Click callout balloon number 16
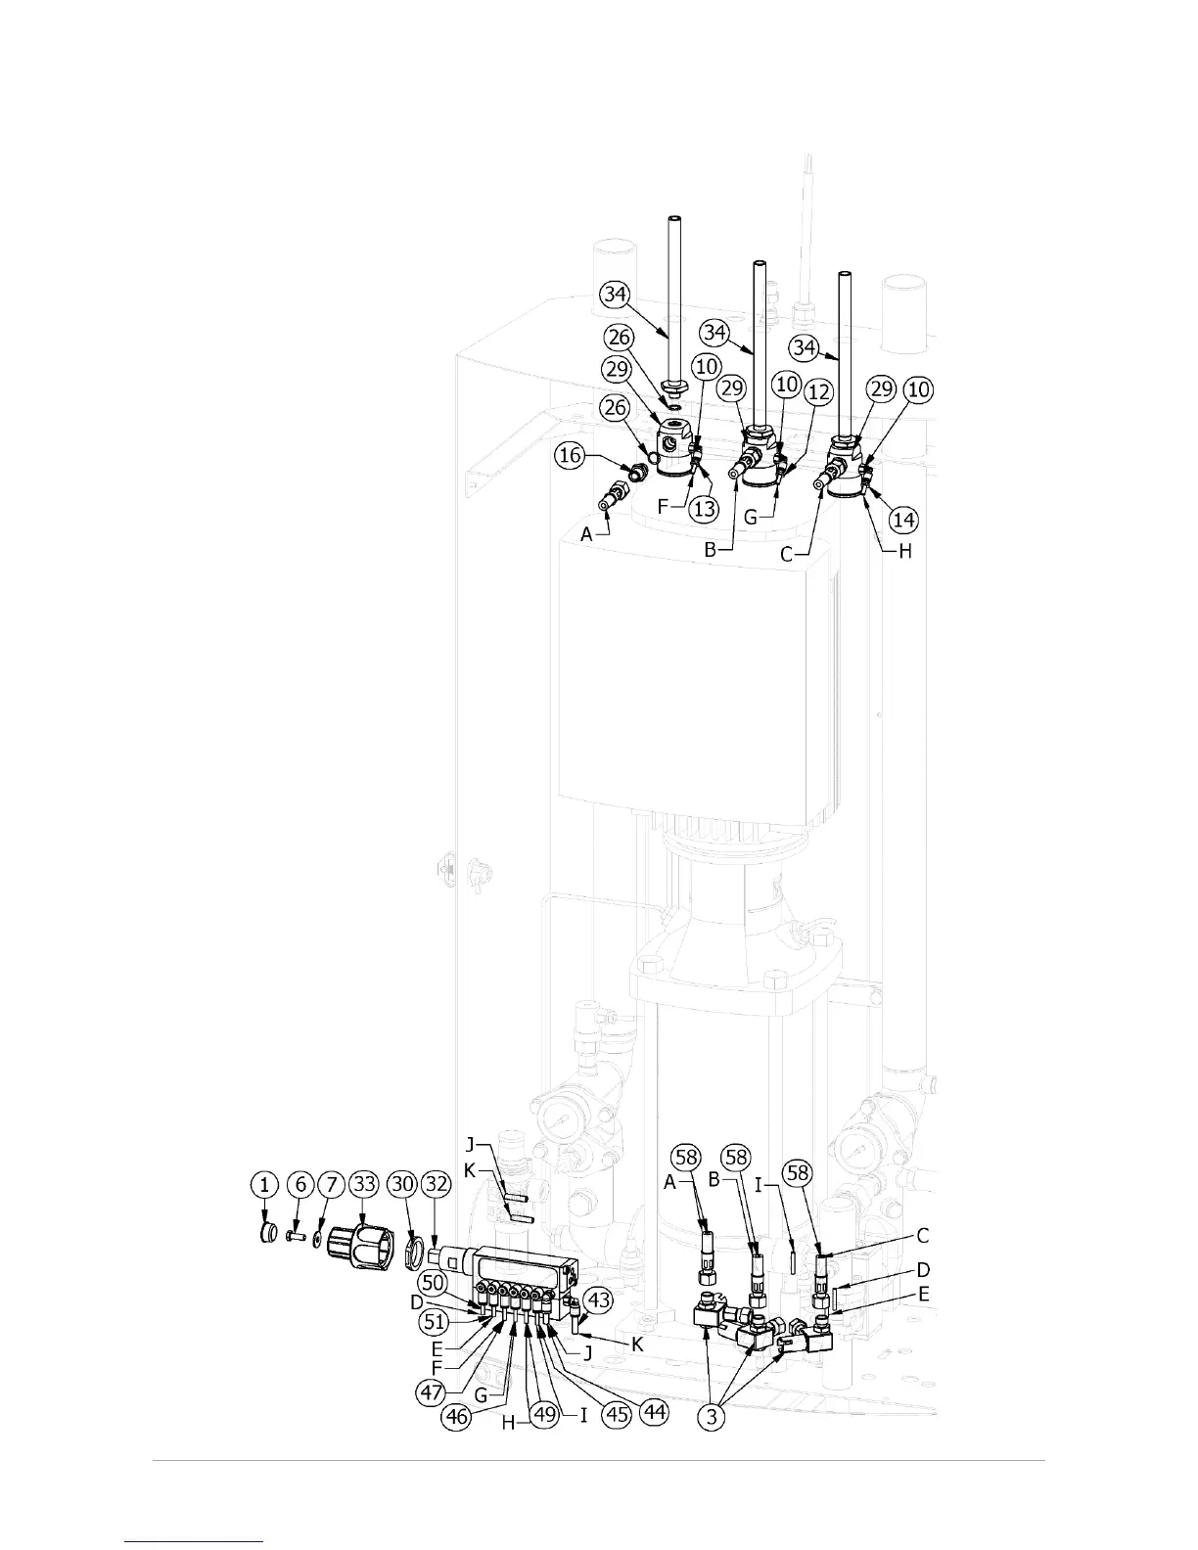click(x=573, y=455)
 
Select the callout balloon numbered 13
click(x=705, y=509)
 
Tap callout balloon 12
click(x=818, y=392)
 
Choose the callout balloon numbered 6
click(x=300, y=1186)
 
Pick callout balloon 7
click(x=332, y=1186)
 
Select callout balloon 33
click(x=365, y=1186)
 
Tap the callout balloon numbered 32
click(x=437, y=1186)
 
